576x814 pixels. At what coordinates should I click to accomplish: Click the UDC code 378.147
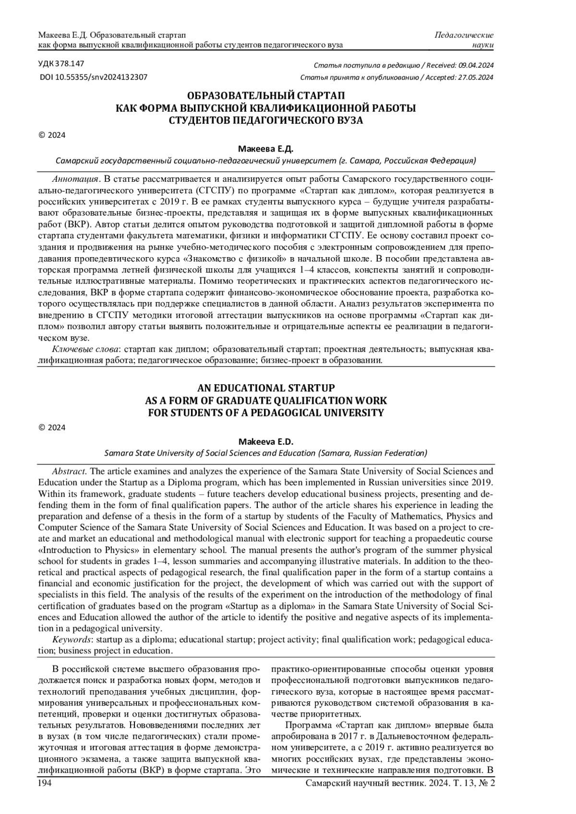[x=69, y=63]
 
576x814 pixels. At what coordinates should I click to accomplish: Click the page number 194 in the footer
[x=45, y=783]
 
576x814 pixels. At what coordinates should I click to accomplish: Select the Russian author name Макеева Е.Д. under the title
[x=265, y=149]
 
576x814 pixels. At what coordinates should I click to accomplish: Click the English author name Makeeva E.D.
[x=265, y=441]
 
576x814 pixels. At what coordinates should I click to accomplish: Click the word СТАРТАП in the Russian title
[x=320, y=95]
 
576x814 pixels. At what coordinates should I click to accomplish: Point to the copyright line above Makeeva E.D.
[x=52, y=427]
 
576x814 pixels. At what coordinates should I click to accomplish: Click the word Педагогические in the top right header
[x=464, y=35]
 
